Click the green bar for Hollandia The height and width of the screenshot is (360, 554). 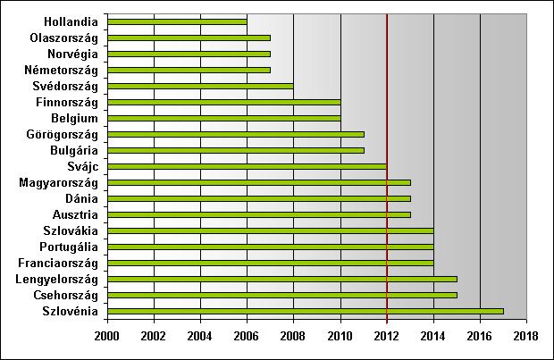[177, 21]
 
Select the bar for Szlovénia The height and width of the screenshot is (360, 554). [306, 311]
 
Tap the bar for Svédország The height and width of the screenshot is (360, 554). [200, 87]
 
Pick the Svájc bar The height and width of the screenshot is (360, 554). [247, 166]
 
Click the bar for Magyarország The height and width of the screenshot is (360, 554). [258, 182]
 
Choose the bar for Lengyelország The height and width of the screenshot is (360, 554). [281, 279]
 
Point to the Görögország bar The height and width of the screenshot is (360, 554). [235, 134]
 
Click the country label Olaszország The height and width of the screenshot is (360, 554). [63, 38]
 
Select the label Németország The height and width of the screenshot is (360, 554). [61, 70]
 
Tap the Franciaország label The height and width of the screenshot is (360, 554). [57, 263]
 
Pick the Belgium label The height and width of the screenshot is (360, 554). [74, 118]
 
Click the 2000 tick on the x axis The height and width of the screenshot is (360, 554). [107, 339]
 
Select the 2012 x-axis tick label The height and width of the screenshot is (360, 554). [387, 339]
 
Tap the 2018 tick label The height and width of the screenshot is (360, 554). [526, 339]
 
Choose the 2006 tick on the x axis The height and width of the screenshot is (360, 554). [247, 339]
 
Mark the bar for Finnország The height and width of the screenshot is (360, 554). [223, 102]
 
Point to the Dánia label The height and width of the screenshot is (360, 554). [82, 198]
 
